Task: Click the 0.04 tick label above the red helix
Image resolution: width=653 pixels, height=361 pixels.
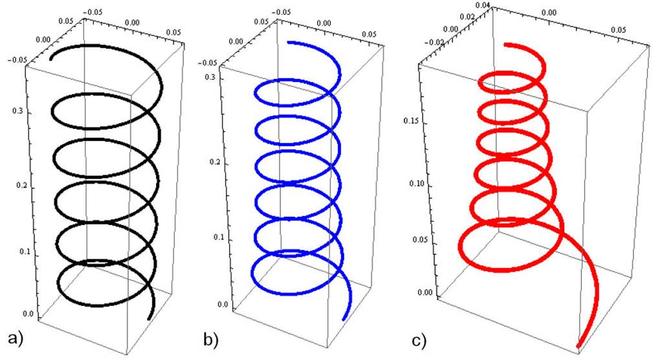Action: click(x=482, y=5)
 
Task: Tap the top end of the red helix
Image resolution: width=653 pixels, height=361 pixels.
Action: click(x=506, y=45)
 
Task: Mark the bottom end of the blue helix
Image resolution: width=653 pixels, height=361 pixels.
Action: click(x=344, y=318)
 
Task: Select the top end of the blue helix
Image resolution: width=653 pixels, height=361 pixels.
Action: click(x=289, y=43)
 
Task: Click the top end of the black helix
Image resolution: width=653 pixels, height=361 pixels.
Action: click(x=52, y=58)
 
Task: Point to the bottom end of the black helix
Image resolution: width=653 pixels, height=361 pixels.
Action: click(x=149, y=318)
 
